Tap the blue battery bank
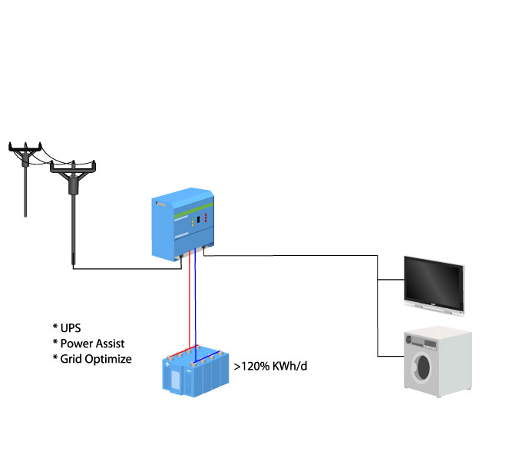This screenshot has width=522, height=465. (196, 372)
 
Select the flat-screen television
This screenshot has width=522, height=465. (434, 282)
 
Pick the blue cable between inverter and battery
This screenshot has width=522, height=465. (195, 300)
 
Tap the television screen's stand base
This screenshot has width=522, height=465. (434, 309)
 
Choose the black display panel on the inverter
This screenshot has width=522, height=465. (199, 220)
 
